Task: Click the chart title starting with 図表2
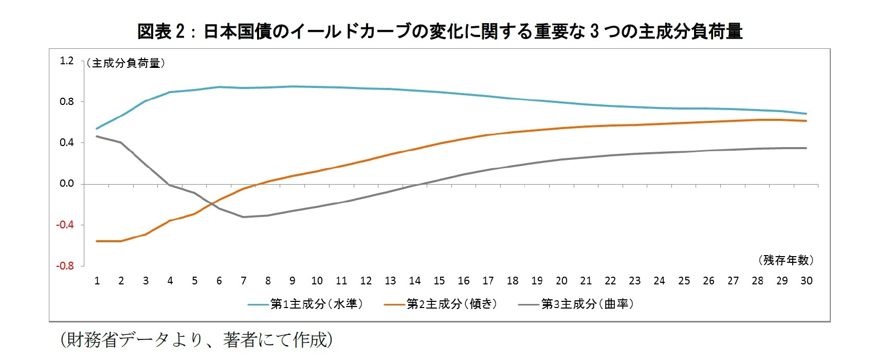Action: (440, 31)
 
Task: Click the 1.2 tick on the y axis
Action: (67, 61)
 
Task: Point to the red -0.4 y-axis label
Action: (65, 225)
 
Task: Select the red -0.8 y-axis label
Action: (65, 266)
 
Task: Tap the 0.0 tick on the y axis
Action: (67, 184)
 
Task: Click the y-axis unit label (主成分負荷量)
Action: (126, 63)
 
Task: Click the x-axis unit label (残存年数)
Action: (786, 260)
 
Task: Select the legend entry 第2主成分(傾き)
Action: (452, 304)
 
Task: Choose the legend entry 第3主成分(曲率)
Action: (588, 304)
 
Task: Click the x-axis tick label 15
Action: (439, 281)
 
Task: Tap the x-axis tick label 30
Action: (806, 281)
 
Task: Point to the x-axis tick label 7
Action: (244, 281)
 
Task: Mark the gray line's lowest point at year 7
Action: (244, 217)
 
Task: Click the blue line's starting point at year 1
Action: (97, 129)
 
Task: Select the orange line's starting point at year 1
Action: (97, 241)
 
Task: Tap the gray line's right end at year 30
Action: (806, 148)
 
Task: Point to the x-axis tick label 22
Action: (610, 281)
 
